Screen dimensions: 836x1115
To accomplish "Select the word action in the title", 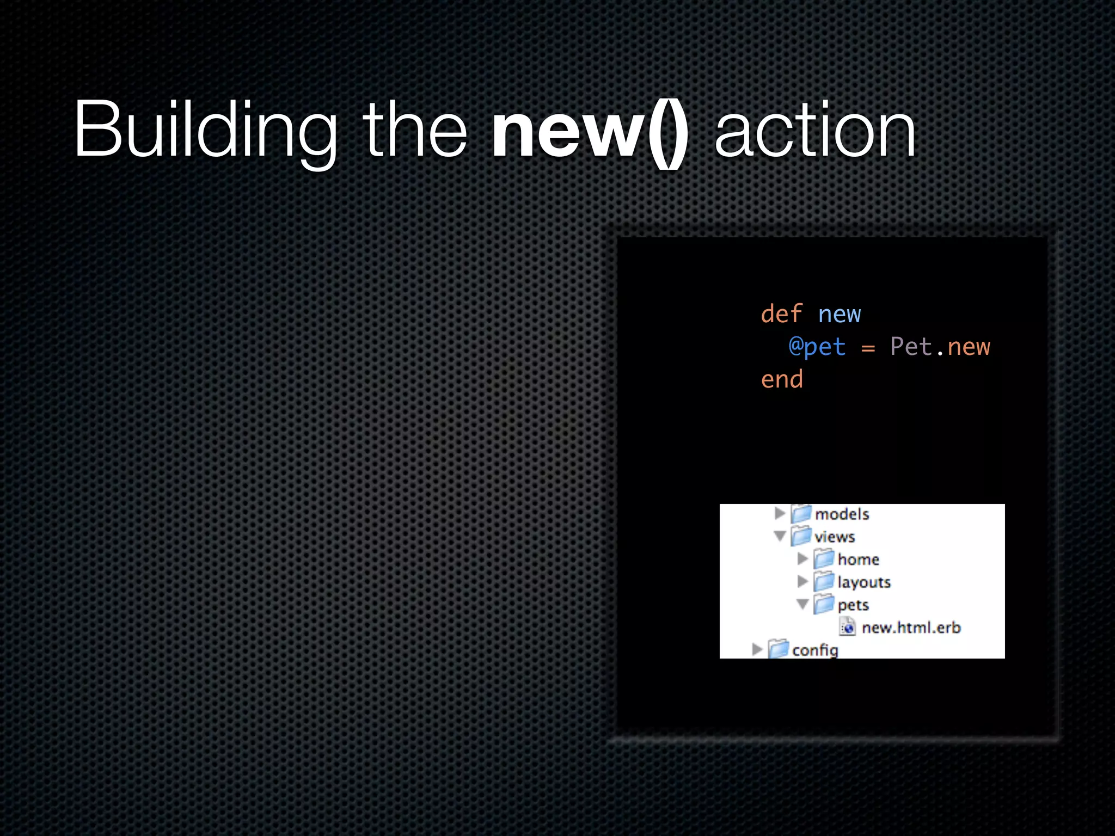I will pos(815,131).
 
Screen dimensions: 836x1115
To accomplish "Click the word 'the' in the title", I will pos(415,131).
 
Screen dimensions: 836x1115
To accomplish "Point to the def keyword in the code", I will pos(781,314).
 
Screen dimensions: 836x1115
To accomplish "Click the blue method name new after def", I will pos(840,315).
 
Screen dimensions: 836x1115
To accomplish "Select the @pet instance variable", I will pos(817,347).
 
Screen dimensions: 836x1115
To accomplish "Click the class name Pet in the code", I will pos(911,347).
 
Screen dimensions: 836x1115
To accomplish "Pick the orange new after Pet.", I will pos(969,347).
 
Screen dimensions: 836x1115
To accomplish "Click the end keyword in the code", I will pos(782,379).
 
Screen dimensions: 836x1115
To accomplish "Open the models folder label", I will pos(842,514).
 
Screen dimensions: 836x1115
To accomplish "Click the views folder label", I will pos(835,537).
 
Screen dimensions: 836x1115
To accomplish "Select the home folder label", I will pos(859,560).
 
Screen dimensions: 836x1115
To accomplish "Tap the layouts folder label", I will pos(864,582).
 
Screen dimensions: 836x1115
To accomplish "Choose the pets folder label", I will pos(853,605).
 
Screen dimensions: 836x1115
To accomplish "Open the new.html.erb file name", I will pos(911,628).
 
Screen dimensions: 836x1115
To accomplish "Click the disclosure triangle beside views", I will pos(780,537).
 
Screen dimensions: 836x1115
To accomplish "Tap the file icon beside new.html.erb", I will pos(847,628).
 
